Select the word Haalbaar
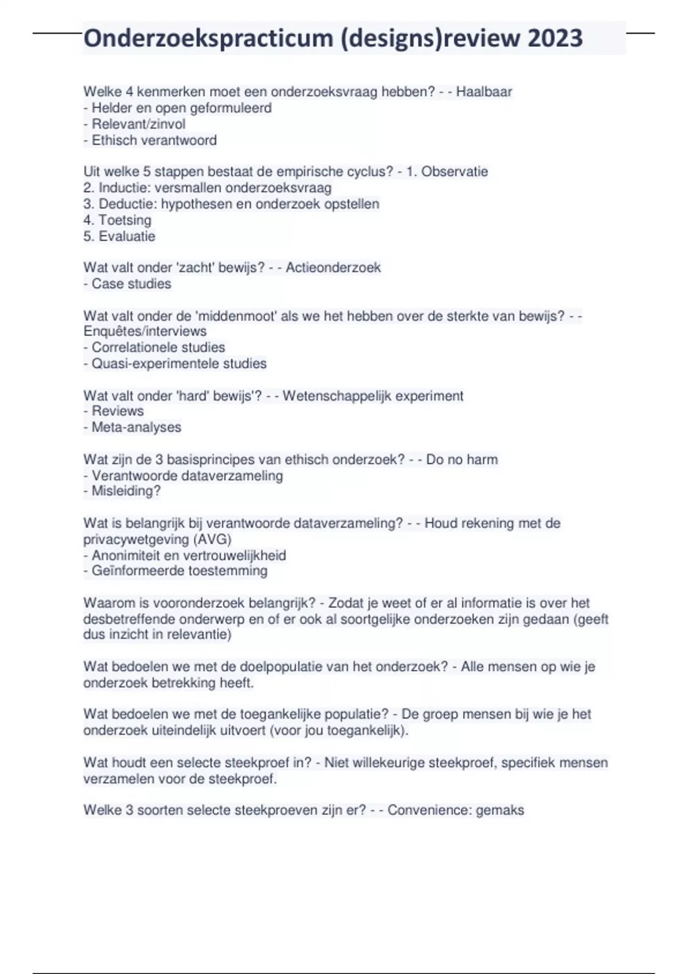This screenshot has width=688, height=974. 484,92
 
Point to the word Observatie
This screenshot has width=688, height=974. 455,171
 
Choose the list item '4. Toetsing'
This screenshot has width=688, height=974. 118,220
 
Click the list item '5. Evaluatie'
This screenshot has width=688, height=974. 119,236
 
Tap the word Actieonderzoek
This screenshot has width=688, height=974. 333,268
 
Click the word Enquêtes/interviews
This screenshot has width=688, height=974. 145,331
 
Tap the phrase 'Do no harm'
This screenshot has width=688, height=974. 462,459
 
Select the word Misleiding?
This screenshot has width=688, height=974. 126,491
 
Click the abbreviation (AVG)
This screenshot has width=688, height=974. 212,539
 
